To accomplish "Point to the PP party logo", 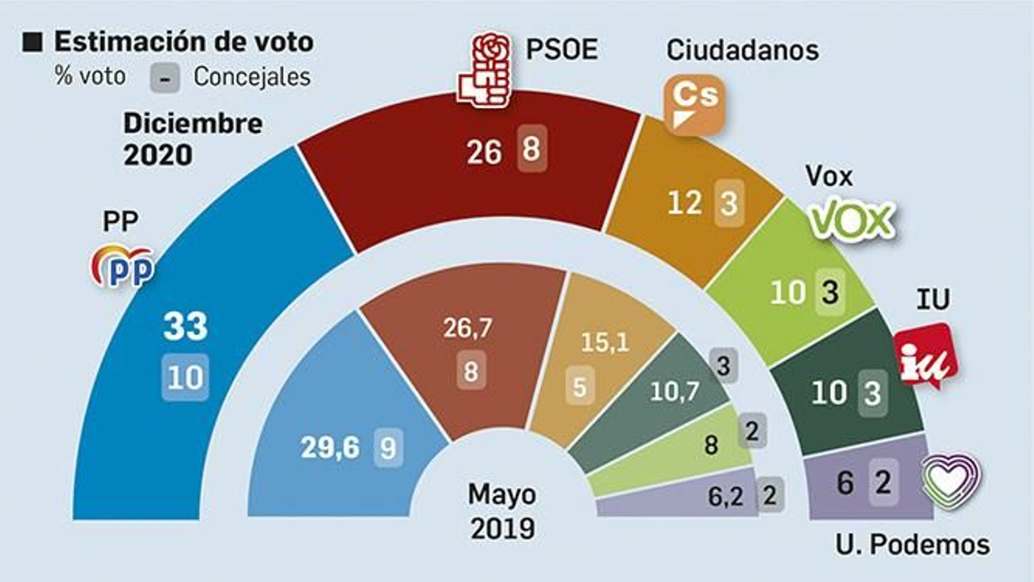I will pos(123,266).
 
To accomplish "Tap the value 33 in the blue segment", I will pos(185,326).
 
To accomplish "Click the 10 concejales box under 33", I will pos(185,377).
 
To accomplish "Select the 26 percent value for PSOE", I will pos(484,153).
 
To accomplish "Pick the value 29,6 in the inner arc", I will pos(330,447).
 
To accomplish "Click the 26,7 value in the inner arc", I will pos(468,328).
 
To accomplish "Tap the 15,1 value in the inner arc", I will pos(605,342).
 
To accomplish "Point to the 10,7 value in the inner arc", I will pos(675,391).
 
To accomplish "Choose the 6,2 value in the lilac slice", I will pos(725,497).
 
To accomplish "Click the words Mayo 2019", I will pos(502,511).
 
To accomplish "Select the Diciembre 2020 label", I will pos(192,139).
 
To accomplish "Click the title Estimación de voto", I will pos(184,41).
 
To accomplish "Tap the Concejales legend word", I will pos(252,77).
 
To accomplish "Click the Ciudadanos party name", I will pos(743,50).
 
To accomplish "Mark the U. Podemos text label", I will pos(912,544).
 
